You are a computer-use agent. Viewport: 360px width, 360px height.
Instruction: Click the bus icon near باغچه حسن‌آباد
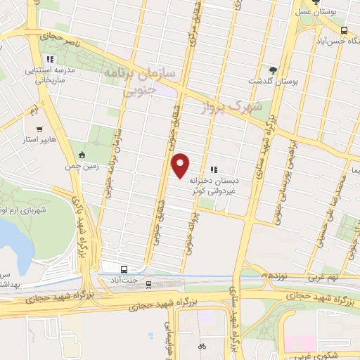[x=344, y=31]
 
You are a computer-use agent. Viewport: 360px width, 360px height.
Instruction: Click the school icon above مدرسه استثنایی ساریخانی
[x=49, y=59]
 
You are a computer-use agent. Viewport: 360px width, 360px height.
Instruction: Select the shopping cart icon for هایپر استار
[x=39, y=129]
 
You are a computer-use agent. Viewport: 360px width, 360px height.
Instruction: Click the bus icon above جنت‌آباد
[x=124, y=269]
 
